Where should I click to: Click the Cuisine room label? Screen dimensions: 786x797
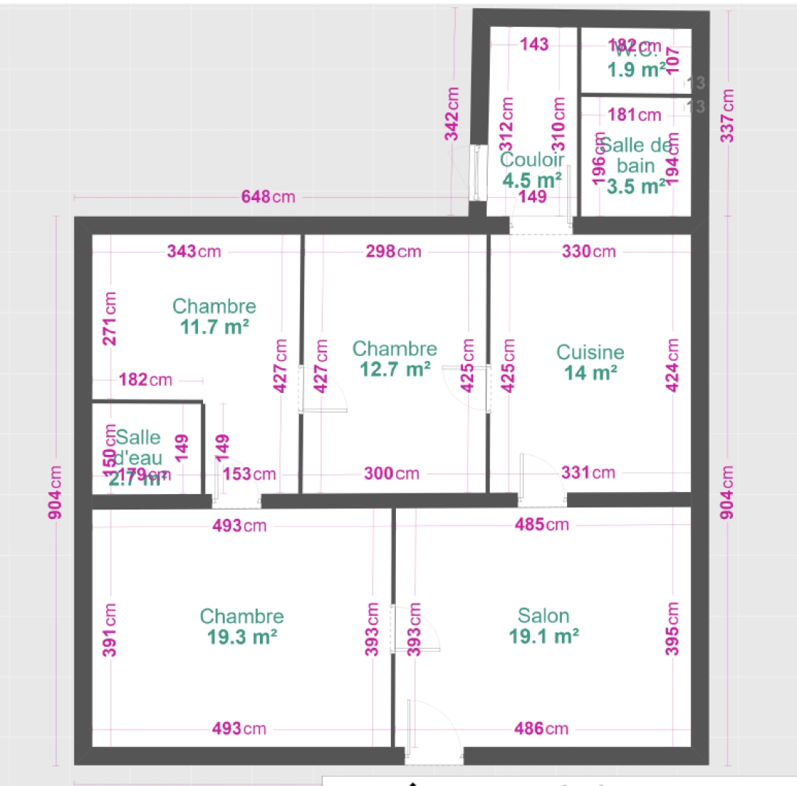click(590, 352)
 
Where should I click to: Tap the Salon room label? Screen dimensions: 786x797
click(543, 616)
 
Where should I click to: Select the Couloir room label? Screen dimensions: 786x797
click(532, 159)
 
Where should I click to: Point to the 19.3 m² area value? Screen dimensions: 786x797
click(242, 638)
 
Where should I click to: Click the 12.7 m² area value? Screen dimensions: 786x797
click(394, 370)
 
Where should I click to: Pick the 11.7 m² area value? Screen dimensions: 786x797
click(215, 327)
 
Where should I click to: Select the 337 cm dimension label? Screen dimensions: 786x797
click(728, 116)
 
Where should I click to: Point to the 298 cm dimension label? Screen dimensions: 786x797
click(394, 252)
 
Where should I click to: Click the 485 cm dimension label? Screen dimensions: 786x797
click(542, 525)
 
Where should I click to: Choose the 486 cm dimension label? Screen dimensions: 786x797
click(542, 729)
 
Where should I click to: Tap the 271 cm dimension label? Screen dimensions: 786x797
click(109, 319)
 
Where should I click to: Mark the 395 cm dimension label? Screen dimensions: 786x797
click(673, 629)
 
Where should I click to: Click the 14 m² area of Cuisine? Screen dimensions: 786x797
click(590, 373)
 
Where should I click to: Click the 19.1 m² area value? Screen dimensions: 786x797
click(544, 637)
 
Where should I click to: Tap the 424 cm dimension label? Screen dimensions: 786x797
click(673, 365)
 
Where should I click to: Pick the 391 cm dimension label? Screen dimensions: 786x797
click(109, 630)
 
